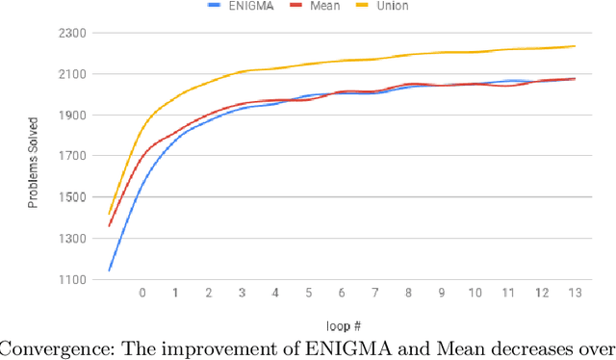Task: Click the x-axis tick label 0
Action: click(x=142, y=293)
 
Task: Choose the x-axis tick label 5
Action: click(x=308, y=293)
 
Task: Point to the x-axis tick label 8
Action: click(x=408, y=293)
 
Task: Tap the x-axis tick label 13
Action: click(x=574, y=293)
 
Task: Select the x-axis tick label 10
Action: click(x=475, y=293)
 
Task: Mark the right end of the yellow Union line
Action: click(x=576, y=45)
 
